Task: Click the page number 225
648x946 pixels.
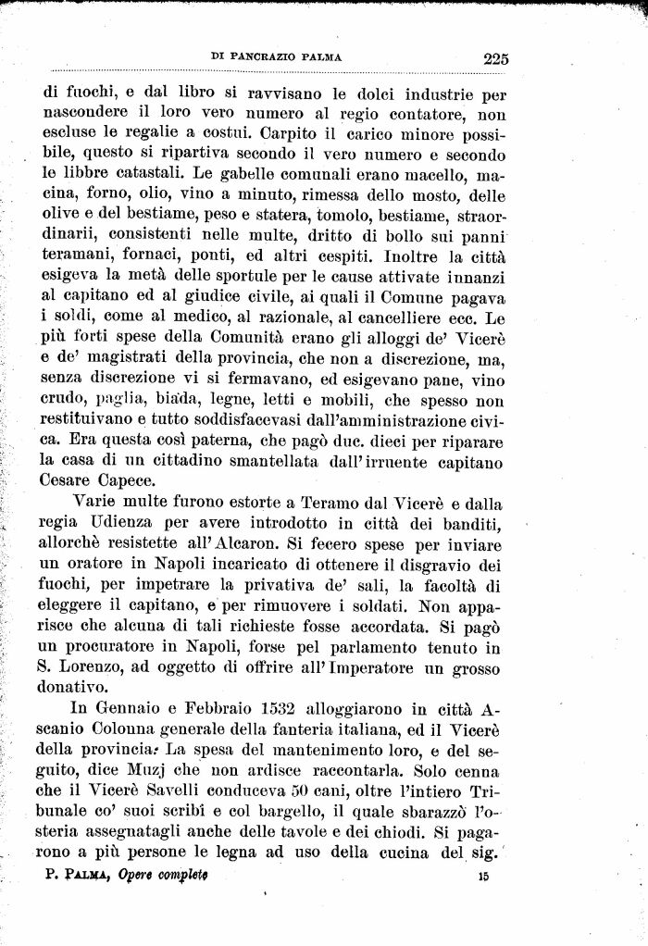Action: tap(495, 58)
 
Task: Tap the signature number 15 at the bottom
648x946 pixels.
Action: tap(482, 875)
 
